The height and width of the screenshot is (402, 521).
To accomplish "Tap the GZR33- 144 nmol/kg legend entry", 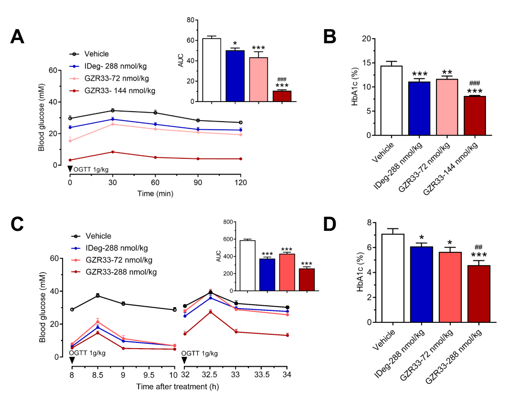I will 119,90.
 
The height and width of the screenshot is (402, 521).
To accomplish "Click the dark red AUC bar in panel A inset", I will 281,96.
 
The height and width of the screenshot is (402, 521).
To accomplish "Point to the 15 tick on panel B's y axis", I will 365,63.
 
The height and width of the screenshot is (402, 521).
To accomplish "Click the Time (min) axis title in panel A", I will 155,194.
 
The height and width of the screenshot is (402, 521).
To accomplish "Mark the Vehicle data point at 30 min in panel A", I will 112,111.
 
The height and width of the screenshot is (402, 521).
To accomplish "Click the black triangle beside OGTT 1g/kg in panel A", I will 70,169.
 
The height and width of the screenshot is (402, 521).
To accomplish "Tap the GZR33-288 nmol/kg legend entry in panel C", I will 122,272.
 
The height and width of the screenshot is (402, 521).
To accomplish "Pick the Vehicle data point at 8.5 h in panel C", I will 97,296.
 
